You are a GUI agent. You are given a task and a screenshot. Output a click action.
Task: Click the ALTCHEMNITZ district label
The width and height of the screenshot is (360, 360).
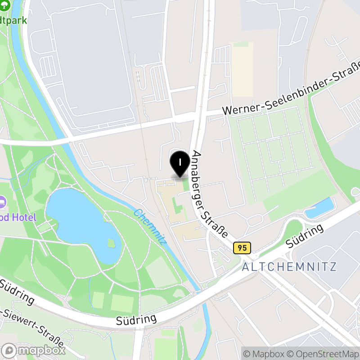(289, 266)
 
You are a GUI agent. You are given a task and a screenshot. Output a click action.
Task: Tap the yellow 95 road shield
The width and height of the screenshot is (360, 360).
(242, 247)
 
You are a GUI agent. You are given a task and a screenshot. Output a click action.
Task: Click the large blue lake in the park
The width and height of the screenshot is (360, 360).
(79, 223)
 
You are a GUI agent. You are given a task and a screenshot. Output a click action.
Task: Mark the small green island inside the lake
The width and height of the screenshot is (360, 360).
(111, 244)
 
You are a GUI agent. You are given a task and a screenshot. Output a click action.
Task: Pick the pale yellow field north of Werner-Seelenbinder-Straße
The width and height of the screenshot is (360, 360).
(243, 70)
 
